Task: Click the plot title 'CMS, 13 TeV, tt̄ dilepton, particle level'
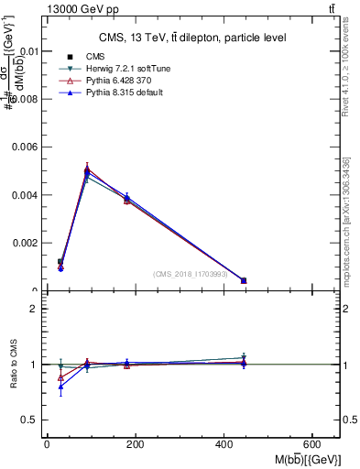click(191, 38)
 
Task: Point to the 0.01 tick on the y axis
click(27, 51)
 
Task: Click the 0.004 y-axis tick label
click(25, 195)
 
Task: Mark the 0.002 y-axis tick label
click(25, 243)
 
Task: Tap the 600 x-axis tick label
click(315, 444)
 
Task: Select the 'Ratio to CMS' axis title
click(13, 364)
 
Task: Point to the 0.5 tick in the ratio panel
click(30, 420)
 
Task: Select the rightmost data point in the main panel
click(244, 280)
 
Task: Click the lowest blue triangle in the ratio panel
click(60, 387)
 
